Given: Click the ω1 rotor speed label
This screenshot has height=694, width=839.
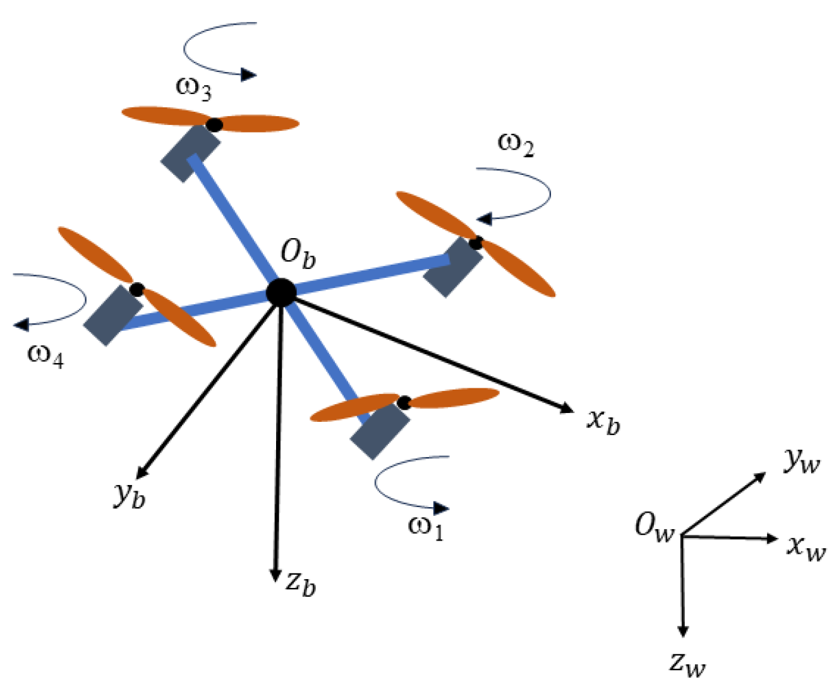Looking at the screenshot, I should pos(426,527).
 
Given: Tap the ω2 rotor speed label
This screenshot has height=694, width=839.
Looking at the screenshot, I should pos(516,144).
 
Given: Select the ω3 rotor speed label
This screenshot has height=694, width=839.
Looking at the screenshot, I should pos(193,88).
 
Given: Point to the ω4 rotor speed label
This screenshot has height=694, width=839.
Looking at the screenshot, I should pos(45,356).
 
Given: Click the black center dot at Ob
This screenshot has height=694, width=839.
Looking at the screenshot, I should pos(281,292).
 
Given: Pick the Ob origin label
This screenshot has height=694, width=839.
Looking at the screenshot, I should pos(298,254).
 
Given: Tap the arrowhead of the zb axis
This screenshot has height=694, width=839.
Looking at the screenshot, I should pos(275,576).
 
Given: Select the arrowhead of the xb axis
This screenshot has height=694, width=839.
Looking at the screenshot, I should pos(567,409).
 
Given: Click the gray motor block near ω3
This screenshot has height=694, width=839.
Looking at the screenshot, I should pos(190,153).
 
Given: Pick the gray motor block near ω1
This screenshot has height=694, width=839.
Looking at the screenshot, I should pos(380,431).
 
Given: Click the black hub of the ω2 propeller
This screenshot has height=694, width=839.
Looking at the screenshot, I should pos(475,242).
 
